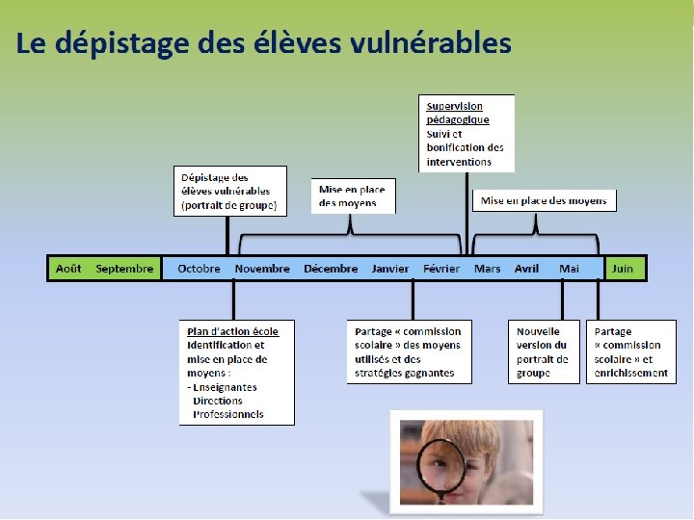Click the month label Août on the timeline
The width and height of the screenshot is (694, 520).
point(68,269)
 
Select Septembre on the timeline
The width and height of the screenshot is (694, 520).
point(124,269)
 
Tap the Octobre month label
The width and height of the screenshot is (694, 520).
point(199,269)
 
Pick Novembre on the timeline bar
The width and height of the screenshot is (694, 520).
point(262,269)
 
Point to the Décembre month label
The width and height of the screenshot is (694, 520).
point(331,269)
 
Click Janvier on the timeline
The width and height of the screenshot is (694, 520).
point(390,269)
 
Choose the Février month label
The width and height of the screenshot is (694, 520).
point(441,269)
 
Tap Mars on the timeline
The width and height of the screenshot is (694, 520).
point(487,269)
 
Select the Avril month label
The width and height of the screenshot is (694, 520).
point(526,269)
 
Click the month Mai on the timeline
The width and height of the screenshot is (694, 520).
point(569,269)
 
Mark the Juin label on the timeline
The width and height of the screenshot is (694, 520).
point(623,269)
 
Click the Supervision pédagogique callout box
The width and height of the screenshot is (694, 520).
point(467,133)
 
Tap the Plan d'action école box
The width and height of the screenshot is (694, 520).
point(236,372)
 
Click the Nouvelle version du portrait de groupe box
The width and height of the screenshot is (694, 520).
point(544,351)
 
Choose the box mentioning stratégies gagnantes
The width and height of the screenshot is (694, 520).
point(410,351)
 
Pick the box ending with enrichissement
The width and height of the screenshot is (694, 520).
point(630,351)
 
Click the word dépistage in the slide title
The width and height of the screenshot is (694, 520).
point(107,43)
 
